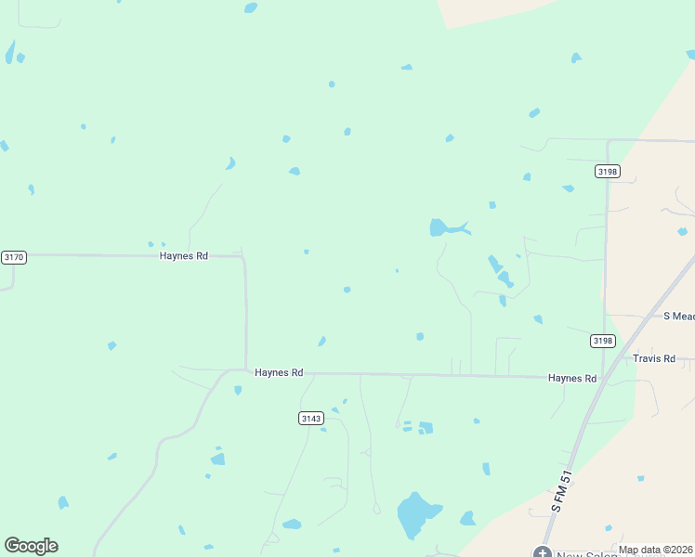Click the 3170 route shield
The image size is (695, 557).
point(14,257)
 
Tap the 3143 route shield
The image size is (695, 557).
point(311,419)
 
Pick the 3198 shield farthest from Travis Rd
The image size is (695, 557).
point(608,172)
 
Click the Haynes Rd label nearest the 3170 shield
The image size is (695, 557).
point(183,255)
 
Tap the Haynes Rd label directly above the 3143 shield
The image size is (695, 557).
point(279,372)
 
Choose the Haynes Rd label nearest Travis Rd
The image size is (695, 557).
point(571,378)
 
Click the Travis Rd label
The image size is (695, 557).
point(653,357)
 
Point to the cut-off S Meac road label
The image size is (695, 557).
point(678,316)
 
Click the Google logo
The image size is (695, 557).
point(31,546)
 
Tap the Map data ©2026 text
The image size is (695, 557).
point(655,550)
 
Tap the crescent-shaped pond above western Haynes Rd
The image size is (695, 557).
point(229,163)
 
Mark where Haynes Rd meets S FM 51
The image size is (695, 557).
point(603,378)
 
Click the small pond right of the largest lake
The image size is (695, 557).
point(467,519)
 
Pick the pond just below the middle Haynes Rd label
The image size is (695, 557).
point(238,390)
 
